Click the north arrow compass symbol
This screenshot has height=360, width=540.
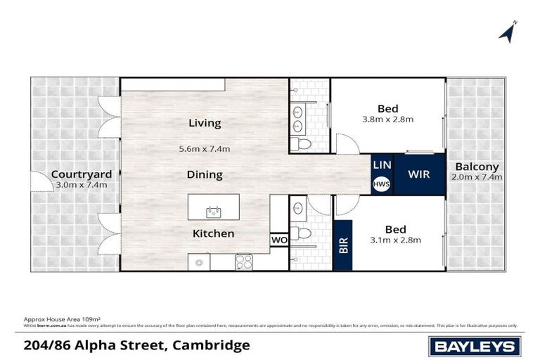508,31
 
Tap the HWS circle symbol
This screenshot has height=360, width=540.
382,184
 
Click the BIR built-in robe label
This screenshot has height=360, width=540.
344,244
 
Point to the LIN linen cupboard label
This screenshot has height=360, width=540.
382,165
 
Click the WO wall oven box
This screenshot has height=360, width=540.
278,240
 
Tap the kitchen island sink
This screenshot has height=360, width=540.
212,211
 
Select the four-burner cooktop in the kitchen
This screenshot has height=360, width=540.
243,261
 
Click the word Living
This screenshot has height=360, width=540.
205,123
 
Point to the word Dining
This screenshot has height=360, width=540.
205,174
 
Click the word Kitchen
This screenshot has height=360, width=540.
214,233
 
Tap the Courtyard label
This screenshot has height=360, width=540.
78,174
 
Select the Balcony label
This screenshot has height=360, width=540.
477,167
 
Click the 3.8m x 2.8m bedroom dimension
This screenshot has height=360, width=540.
387,120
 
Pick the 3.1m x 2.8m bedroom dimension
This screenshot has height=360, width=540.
396,240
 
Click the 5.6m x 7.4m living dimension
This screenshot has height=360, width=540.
205,148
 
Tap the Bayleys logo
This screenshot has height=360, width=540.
475,346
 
